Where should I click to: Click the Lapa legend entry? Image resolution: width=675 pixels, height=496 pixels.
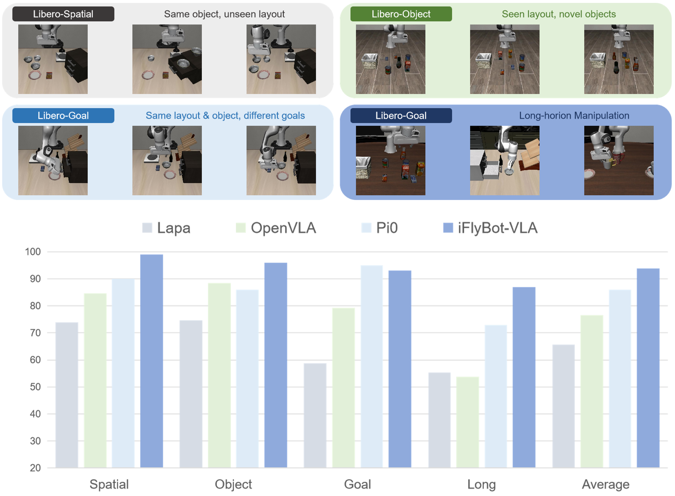[167, 228]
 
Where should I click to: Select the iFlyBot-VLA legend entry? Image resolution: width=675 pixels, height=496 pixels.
[490, 228]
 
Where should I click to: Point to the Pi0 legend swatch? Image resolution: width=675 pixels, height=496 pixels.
[366, 228]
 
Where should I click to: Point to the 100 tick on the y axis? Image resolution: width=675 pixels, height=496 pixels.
[33, 252]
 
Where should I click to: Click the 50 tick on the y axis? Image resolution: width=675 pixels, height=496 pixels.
[35, 387]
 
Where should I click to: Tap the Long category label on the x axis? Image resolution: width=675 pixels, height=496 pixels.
[481, 484]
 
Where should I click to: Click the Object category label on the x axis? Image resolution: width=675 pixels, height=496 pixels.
[233, 484]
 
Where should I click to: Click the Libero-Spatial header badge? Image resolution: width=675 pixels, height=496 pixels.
[63, 14]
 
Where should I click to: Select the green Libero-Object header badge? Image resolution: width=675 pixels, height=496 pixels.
[401, 14]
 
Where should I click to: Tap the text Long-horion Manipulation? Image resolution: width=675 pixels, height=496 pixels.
[574, 116]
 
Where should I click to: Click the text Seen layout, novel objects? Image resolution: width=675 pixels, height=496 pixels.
[558, 14]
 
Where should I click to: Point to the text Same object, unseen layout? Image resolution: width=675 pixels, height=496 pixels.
[224, 14]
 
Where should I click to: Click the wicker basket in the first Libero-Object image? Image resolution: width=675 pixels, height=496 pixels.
[369, 61]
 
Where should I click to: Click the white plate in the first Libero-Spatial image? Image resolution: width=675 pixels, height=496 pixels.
[35, 76]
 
